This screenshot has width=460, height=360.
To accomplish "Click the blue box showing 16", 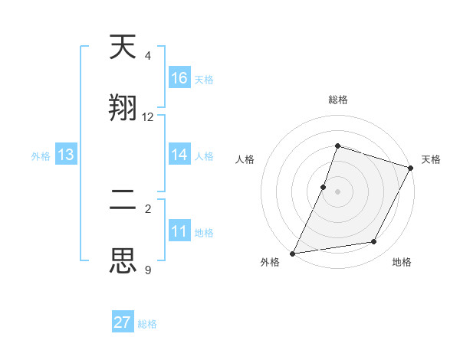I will point(179,78).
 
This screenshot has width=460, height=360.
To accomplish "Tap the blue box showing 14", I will point(179,155).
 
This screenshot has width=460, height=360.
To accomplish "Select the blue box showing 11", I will point(179,231).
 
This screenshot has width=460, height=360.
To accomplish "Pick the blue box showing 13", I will point(66,155).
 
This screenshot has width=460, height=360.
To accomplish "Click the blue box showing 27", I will point(123,322).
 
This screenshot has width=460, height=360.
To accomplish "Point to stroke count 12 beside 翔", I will point(148,117).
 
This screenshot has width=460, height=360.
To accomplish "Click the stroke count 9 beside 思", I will point(148,270).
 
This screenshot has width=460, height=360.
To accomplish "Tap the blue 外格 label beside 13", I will point(41,155).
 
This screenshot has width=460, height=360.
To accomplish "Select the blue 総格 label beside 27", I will point(147,323).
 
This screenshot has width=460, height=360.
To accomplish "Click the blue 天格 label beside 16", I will point(204,79).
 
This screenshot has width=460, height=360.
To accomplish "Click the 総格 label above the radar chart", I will point(337,100).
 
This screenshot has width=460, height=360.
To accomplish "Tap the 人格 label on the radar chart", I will point(245,159).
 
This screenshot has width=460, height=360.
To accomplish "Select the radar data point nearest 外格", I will point(293,253).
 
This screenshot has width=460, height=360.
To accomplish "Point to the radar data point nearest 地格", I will point(374,242).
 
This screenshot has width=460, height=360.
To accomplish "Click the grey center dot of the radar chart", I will point(337,191).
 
